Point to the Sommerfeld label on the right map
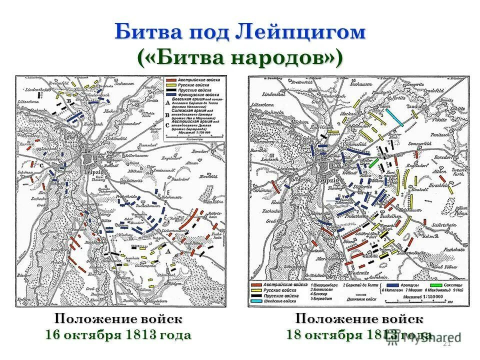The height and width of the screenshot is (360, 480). tap(420, 144)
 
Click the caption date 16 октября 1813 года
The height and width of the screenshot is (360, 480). tap(118, 334)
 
